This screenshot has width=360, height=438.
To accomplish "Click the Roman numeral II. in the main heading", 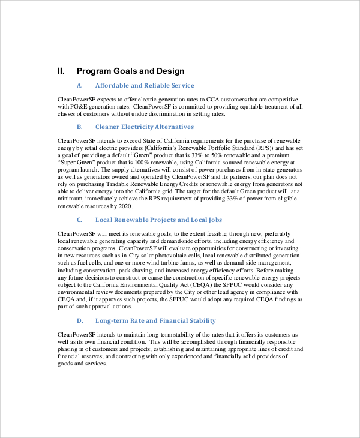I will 61,71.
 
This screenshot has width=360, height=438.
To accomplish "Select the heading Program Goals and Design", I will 131,71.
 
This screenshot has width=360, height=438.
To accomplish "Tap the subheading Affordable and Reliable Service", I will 145,86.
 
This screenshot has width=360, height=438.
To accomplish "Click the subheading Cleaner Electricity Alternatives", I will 145,127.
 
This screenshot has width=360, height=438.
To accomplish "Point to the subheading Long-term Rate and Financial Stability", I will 155,321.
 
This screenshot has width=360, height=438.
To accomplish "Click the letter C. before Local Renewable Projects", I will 80,220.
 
